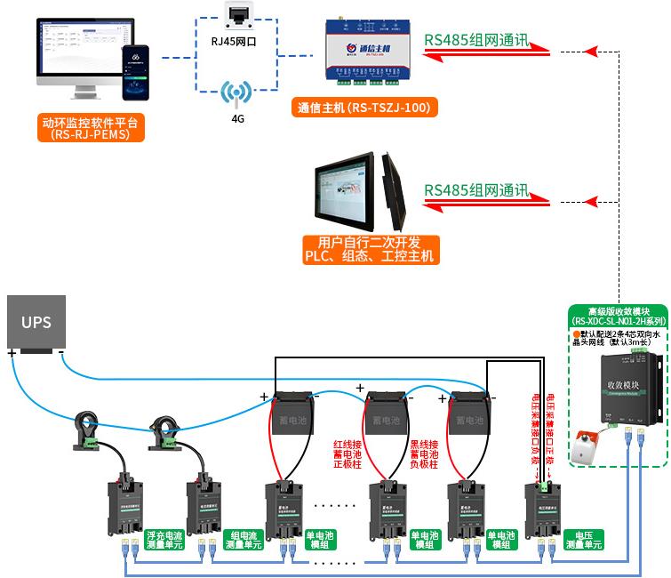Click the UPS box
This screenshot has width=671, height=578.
click(36, 322)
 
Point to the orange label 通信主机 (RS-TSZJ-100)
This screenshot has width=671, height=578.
click(363, 108)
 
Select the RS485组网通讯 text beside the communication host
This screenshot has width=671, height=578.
click(475, 41)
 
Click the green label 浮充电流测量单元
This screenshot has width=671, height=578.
click(166, 540)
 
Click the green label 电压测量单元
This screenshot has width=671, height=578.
click(584, 540)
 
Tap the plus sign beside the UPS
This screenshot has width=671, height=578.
click(12, 353)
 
